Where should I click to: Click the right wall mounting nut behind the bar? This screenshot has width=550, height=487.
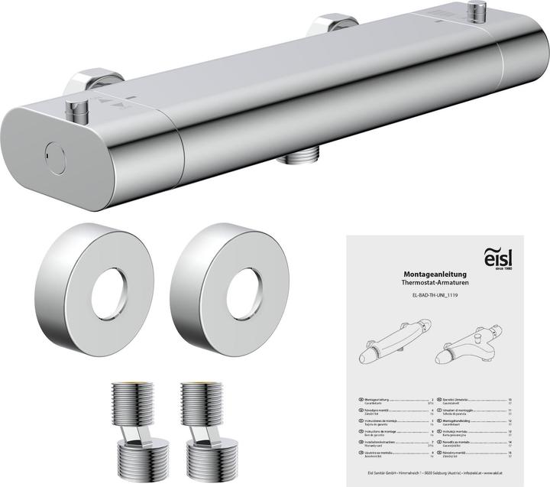click(x=327, y=24)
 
